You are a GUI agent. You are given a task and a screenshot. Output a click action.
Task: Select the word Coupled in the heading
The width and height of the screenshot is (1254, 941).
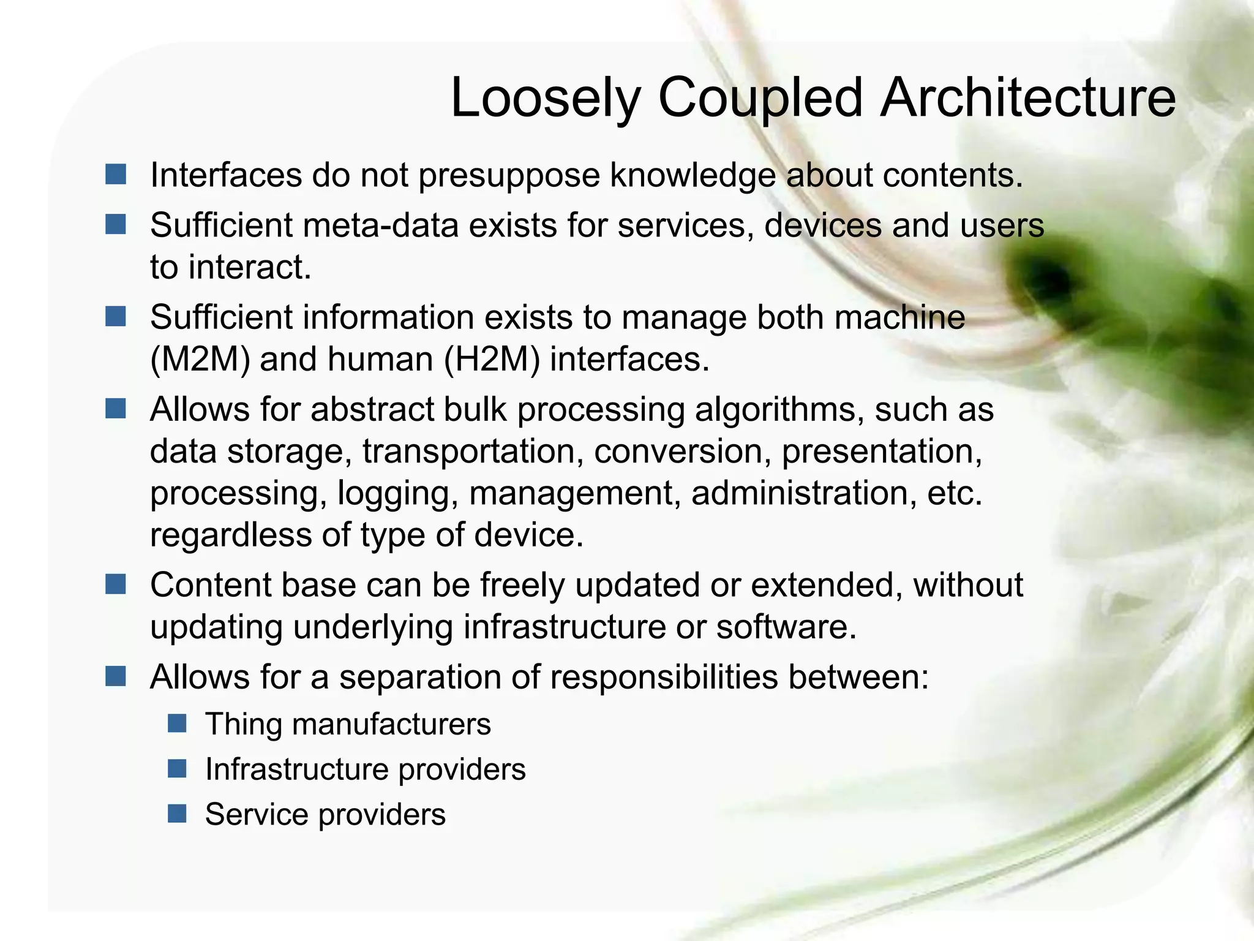(760, 99)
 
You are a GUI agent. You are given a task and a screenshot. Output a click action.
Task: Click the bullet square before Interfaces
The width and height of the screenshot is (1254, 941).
(115, 175)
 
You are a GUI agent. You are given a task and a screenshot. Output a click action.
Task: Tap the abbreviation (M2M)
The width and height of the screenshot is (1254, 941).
(200, 360)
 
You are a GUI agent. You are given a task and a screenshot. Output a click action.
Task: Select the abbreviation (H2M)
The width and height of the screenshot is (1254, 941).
(492, 360)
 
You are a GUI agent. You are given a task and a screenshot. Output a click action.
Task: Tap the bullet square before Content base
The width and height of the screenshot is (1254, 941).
(115, 584)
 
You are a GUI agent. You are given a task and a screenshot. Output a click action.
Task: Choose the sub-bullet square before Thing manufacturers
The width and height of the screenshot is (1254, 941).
(177, 724)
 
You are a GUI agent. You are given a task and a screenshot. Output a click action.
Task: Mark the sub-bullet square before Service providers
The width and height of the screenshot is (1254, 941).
(177, 814)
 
